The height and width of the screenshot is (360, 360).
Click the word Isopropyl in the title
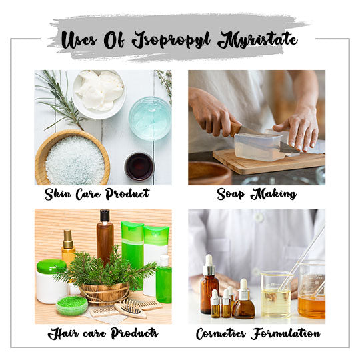[x=171, y=40]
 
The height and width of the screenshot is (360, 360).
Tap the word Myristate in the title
[x=257, y=39]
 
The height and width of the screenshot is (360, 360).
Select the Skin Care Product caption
[x=97, y=194]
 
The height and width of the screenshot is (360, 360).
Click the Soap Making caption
[x=257, y=194]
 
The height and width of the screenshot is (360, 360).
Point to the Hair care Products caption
[x=103, y=333]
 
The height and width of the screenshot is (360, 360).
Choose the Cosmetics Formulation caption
[x=258, y=333]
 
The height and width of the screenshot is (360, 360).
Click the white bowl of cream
[x=99, y=94]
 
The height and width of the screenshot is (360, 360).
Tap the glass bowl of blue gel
[x=150, y=119]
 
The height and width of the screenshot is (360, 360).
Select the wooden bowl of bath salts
[x=72, y=157]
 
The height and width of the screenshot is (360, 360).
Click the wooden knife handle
[x=234, y=128]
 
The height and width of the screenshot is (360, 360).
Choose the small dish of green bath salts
[x=72, y=305]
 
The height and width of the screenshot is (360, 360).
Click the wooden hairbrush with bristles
[x=131, y=309]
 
